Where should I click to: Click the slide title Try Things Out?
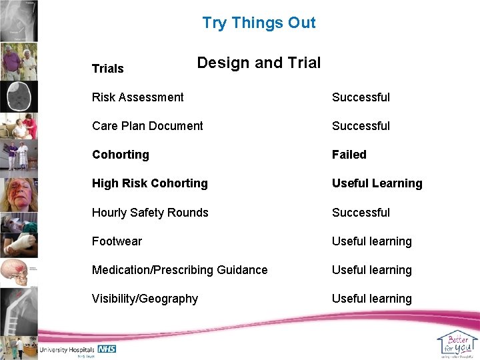259,23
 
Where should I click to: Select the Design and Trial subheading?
259,63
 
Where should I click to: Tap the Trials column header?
108,69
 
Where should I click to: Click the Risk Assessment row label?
138,97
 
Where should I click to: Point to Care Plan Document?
147,126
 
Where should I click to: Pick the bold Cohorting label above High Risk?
121,155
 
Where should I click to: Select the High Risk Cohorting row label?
150,183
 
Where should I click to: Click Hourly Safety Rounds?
150,213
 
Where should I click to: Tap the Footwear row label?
117,241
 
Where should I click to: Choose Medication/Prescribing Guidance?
180,270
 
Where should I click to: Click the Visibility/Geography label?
145,299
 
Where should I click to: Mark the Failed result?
349,155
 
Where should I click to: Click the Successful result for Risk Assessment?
361,97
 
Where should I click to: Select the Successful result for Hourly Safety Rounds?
361,213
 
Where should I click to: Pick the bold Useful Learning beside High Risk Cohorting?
377,183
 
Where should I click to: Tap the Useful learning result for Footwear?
372,241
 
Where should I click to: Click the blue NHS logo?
107,349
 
